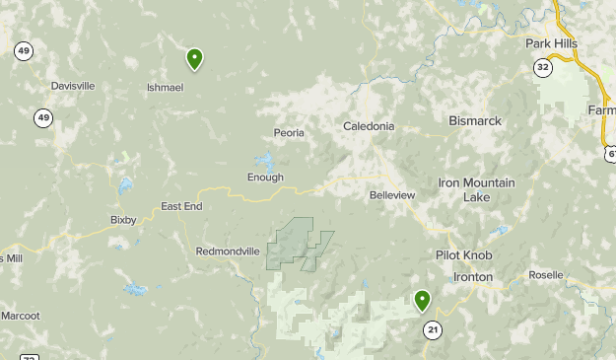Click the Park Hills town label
(551, 44)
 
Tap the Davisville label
(73, 86)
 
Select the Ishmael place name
(165, 87)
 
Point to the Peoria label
(289, 132)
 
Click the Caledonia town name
(369, 126)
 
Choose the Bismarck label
(475, 121)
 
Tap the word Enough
(265, 178)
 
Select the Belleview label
(392, 195)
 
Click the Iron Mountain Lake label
(476, 189)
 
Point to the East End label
(181, 206)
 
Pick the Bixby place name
(123, 220)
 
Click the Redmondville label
(228, 252)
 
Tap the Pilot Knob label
(463, 254)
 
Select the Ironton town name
(473, 277)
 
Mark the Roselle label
(546, 275)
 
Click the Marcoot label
(20, 316)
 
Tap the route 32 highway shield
(543, 67)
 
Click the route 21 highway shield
(431, 329)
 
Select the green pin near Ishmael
(195, 59)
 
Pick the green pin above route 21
(423, 300)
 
